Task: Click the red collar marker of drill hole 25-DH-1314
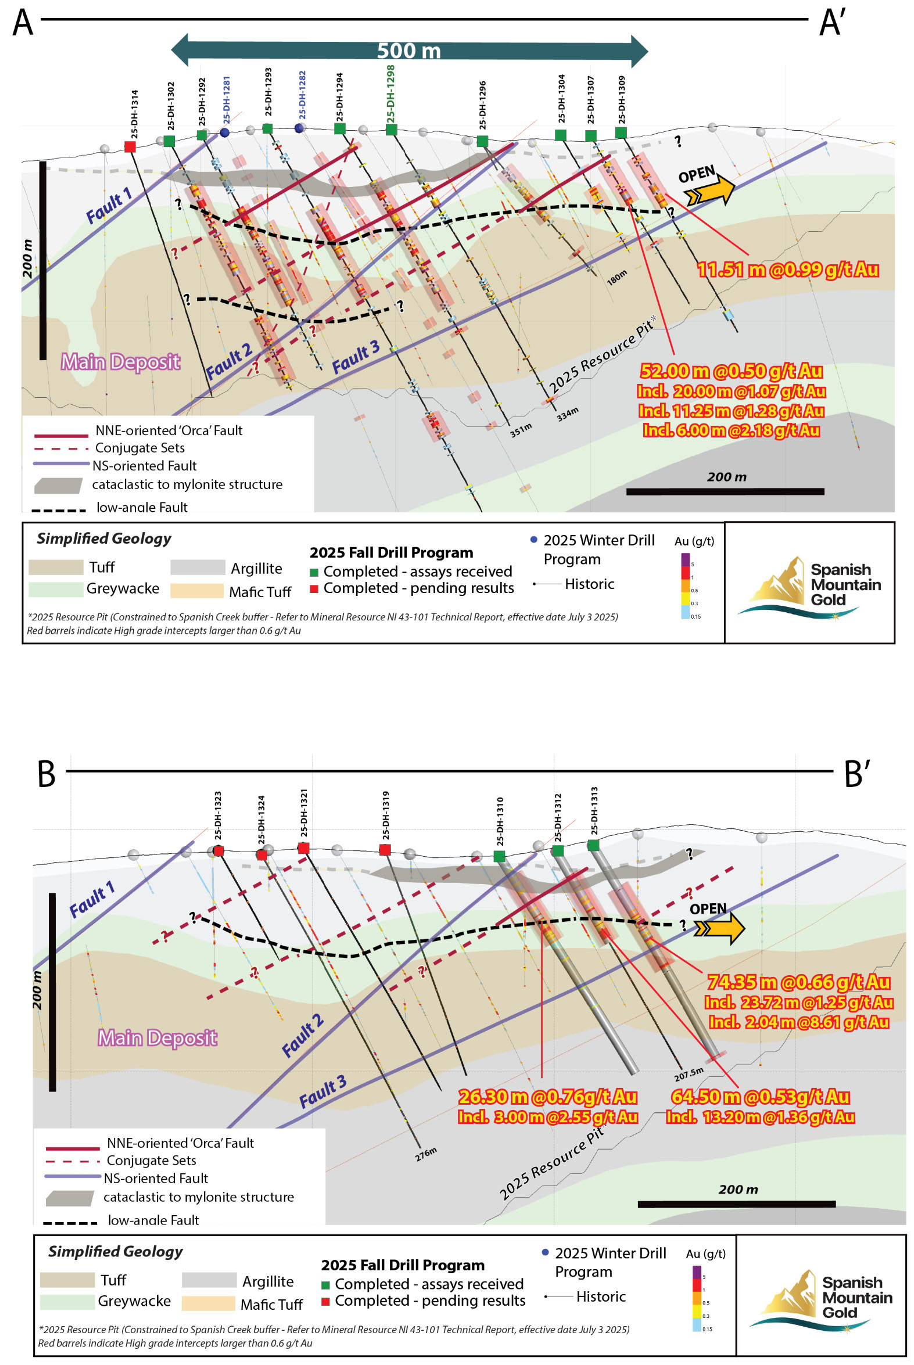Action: [x=130, y=147]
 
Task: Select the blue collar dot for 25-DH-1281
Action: [x=224, y=133]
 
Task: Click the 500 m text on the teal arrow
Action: [x=408, y=51]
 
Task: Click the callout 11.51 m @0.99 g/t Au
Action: [x=787, y=270]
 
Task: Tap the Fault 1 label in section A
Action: [x=109, y=206]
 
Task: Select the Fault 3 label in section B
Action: [x=323, y=1092]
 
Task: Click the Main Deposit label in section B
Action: [x=157, y=1037]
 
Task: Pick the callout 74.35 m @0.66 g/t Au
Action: [x=798, y=982]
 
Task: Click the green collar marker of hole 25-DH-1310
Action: [x=499, y=856]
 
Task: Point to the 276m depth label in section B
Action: [x=425, y=1154]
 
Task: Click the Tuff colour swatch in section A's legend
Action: [x=56, y=567]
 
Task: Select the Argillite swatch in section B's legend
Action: [x=209, y=1280]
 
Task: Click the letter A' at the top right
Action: [x=833, y=23]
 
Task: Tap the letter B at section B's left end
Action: [x=46, y=774]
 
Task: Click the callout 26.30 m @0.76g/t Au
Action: [x=547, y=1097]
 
